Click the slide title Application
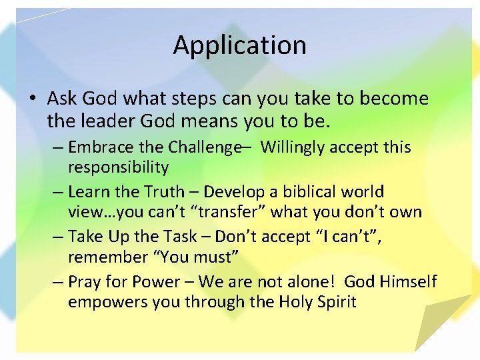[x=240, y=45]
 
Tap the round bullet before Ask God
[x=32, y=100]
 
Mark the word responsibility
[x=119, y=167]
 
